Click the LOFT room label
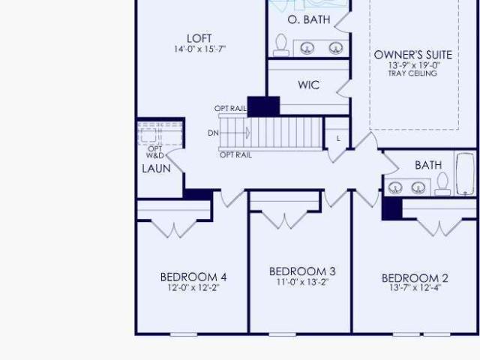[x=199, y=38]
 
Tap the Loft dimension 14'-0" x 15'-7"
[x=200, y=49]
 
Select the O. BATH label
[x=309, y=19]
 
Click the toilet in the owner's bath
[x=281, y=45]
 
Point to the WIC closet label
[x=309, y=85]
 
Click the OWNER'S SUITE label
[x=413, y=55]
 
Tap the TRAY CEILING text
[x=412, y=73]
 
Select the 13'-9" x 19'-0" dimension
[x=414, y=65]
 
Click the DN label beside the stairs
[x=213, y=133]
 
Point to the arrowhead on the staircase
[x=247, y=133]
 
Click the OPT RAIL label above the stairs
[x=230, y=108]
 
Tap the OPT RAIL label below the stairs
[x=235, y=155]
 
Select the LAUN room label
[x=156, y=168]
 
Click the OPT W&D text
[x=155, y=152]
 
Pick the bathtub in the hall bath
[x=465, y=173]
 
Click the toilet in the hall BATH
[x=442, y=184]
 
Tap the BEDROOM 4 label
[x=193, y=277]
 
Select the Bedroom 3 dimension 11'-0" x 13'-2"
[x=302, y=282]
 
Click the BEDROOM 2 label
[x=415, y=278]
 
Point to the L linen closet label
[x=338, y=139]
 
